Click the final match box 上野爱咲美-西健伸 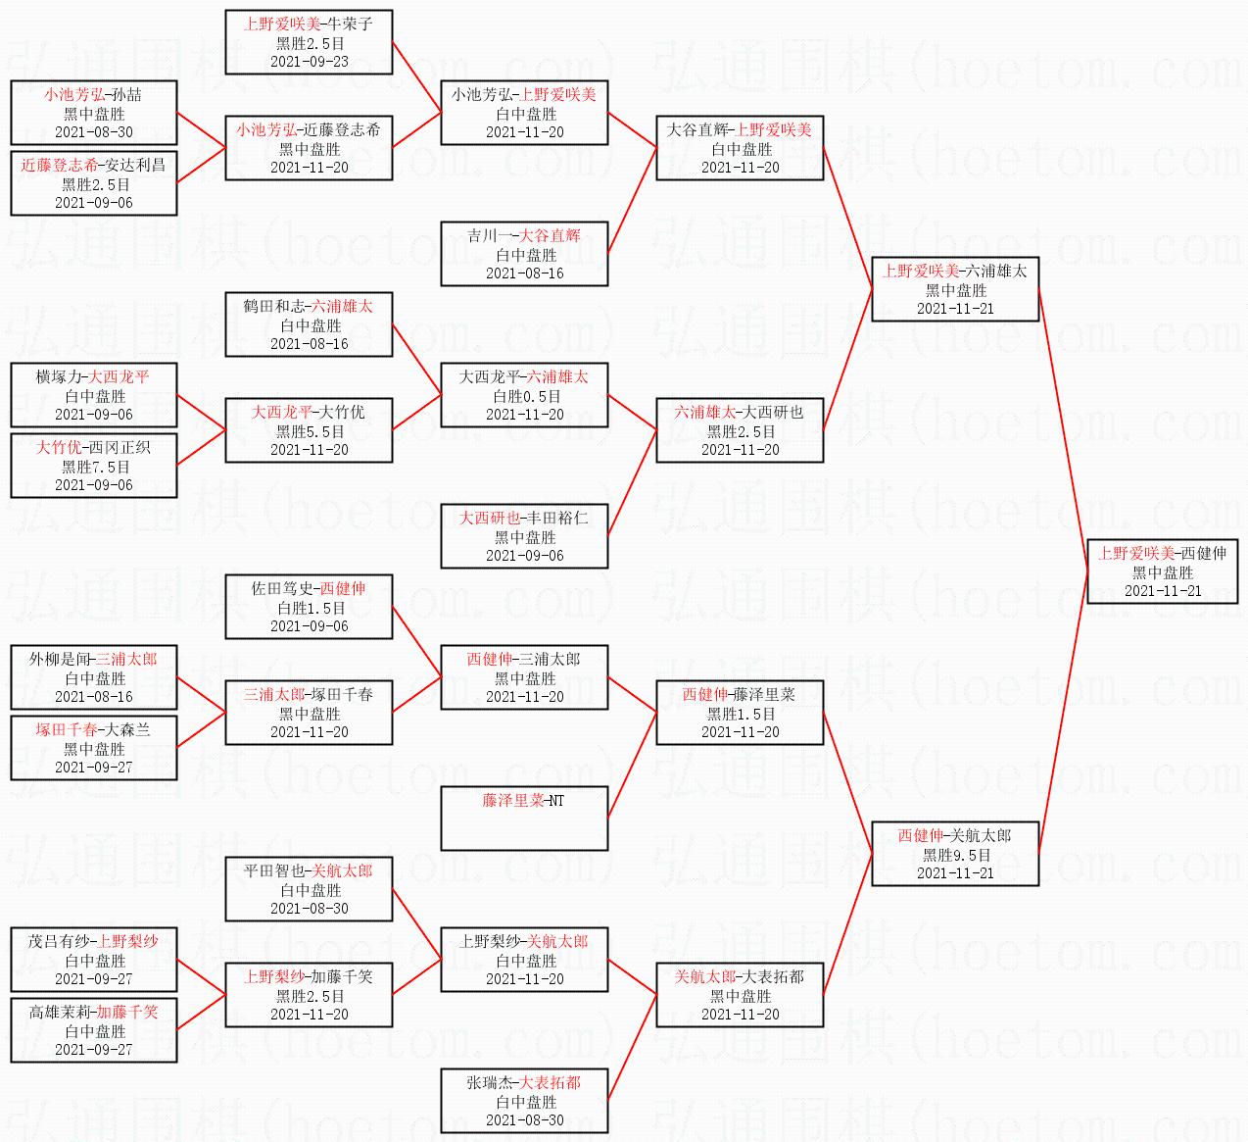pos(1162,571)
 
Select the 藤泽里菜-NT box pos(524,819)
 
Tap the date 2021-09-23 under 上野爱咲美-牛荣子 pos(310,62)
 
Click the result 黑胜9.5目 pos(956,855)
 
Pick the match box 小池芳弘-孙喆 pos(94,113)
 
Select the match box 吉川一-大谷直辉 pos(524,254)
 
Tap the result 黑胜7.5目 pos(96,467)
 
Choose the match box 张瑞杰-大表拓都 pos(524,1101)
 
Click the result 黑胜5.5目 pos(311,431)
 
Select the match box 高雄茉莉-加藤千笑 pos(94,1030)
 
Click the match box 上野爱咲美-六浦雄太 pos(956,289)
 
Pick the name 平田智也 pos(273,870)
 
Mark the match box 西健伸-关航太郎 pos(956,854)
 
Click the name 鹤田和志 pos(273,306)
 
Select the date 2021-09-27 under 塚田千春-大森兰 pos(94,768)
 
